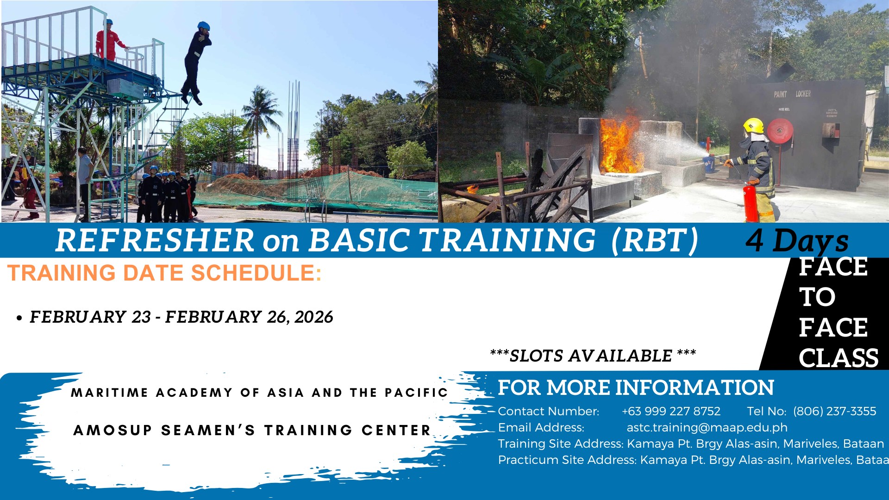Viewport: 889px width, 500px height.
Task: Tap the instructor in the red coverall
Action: (109, 40)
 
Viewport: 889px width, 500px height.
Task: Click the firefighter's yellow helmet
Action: (753, 125)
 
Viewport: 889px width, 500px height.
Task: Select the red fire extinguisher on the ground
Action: (751, 202)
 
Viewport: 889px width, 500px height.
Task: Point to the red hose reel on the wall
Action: (780, 131)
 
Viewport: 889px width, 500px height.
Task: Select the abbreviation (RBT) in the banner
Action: (655, 241)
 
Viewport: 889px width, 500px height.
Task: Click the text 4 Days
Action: (797, 241)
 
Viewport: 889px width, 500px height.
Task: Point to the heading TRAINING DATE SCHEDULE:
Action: (164, 273)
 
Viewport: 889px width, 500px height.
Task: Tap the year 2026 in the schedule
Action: (313, 317)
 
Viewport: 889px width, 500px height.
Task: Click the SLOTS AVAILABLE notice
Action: (593, 356)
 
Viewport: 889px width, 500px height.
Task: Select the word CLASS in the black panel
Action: (839, 358)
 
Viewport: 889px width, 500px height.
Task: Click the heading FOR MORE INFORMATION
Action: (636, 388)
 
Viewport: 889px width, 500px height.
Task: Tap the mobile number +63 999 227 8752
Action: (671, 411)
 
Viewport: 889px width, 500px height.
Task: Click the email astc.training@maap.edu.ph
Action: (707, 427)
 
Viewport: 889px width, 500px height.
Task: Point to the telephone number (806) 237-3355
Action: (834, 411)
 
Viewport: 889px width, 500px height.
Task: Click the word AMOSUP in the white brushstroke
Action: (113, 431)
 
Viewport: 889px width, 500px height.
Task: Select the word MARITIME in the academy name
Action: (109, 393)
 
